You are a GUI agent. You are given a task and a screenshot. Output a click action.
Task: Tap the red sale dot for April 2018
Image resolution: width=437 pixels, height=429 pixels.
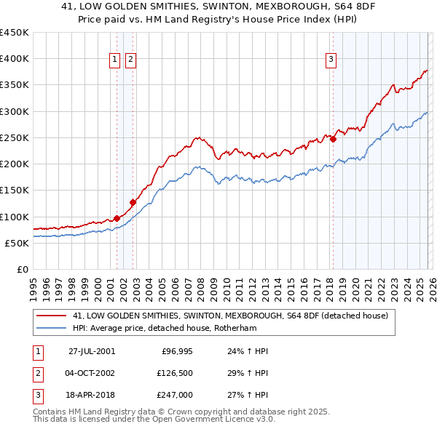tap(333, 139)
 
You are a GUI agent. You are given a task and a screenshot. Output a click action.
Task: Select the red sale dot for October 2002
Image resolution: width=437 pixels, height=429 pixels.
tap(133, 202)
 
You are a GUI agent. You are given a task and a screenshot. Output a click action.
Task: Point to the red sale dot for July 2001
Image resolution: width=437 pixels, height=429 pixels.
tap(117, 217)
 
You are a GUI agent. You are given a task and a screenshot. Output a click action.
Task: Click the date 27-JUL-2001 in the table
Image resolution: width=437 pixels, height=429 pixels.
tap(91, 351)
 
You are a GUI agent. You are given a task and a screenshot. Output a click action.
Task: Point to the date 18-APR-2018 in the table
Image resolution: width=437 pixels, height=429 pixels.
tap(91, 395)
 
